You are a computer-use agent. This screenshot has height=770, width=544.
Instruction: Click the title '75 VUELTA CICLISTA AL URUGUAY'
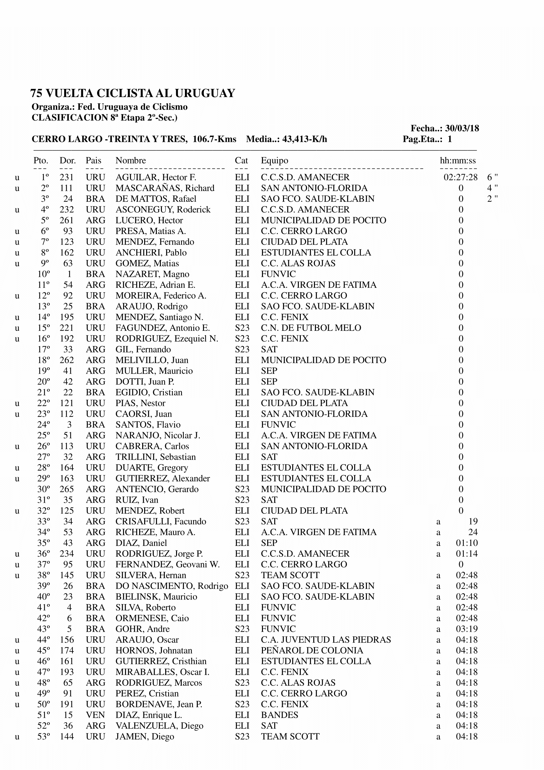tap(132, 93)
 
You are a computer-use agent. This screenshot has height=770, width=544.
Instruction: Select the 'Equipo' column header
tap(274, 160)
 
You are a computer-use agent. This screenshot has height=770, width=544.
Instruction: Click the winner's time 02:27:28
tap(460, 177)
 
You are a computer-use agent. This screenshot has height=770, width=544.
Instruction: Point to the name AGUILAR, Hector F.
tap(156, 177)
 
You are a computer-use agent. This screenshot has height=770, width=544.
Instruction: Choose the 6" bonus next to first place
tap(492, 177)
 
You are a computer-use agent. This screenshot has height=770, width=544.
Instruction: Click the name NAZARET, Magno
tap(152, 274)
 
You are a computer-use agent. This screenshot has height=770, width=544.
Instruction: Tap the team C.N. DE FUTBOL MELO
tap(311, 328)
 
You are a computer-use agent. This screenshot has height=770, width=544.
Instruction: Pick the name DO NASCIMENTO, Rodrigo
tap(171, 586)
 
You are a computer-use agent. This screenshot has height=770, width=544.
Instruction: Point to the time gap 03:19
tap(467, 629)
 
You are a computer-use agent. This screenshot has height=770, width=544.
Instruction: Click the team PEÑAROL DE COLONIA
tap(312, 650)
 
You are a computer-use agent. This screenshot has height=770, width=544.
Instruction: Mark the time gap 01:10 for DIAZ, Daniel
tap(467, 543)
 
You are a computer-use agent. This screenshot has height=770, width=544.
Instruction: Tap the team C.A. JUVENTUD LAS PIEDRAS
tap(326, 640)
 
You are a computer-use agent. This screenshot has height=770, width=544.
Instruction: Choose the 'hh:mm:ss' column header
tap(457, 160)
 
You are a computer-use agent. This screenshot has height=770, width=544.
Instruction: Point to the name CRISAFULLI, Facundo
tap(161, 521)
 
